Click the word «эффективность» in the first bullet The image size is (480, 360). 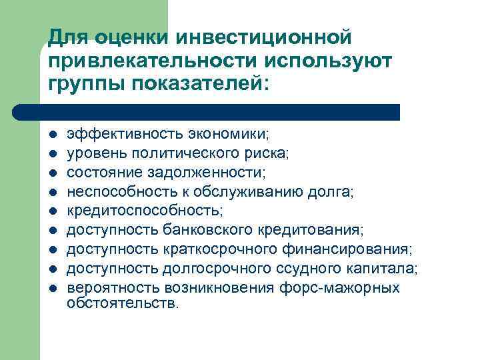tap(109, 133)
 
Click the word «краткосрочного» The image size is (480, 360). tap(200, 249)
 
